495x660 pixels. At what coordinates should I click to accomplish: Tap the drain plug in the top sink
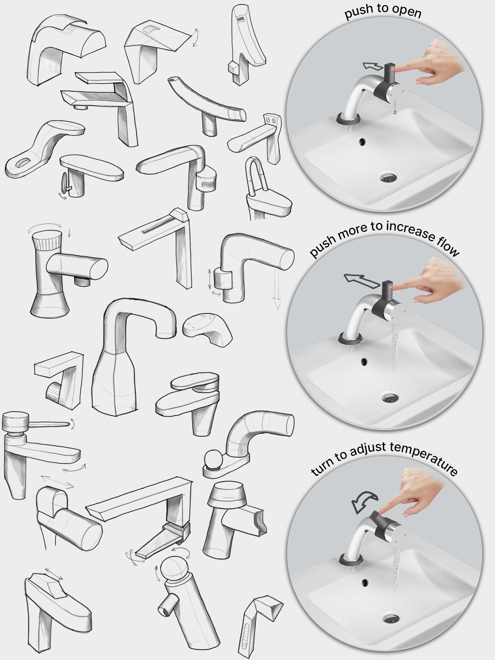[x=388, y=177]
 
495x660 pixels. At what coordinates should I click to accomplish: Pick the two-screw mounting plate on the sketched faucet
[x=272, y=120]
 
